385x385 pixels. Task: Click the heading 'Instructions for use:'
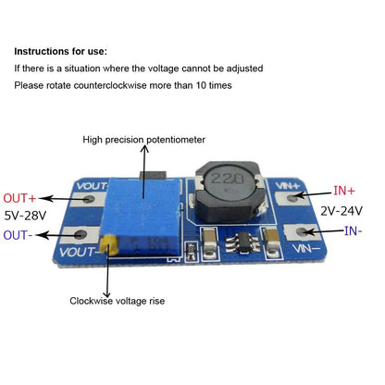[x=60, y=51]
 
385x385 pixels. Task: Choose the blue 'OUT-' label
[x=20, y=235]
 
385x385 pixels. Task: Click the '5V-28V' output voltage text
[x=25, y=217]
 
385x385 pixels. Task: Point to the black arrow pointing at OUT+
[x=61, y=198]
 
